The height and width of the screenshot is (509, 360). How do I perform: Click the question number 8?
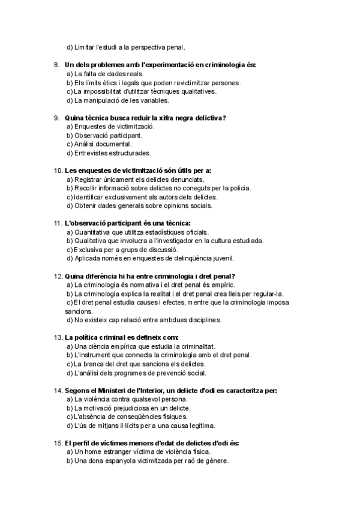56,65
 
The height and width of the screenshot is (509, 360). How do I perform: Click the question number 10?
58,170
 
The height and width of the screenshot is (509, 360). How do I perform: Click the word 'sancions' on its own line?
79,312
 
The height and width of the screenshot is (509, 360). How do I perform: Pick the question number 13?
58,337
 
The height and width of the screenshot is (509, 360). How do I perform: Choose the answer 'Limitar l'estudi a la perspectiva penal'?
126,47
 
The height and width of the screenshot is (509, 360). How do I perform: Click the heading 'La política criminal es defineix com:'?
122,337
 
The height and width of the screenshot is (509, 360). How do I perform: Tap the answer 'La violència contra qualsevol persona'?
127,399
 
